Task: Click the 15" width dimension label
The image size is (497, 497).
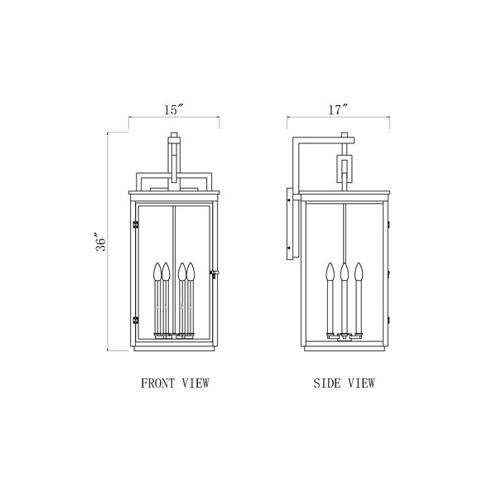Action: pyautogui.click(x=174, y=110)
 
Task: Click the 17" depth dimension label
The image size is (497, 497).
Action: pyautogui.click(x=338, y=110)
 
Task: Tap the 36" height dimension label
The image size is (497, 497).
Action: pyautogui.click(x=101, y=242)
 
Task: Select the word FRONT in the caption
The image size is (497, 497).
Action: pyautogui.click(x=158, y=384)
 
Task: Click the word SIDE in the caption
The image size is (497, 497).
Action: pyautogui.click(x=327, y=384)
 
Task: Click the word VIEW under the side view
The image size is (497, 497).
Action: pyautogui.click(x=362, y=384)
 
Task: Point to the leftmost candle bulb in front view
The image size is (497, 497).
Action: pyautogui.click(x=157, y=272)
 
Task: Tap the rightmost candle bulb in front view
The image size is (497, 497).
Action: pyautogui.click(x=191, y=272)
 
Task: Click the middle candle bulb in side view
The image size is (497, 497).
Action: pyautogui.click(x=345, y=272)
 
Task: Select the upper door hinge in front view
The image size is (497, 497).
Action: pyautogui.click(x=135, y=224)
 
